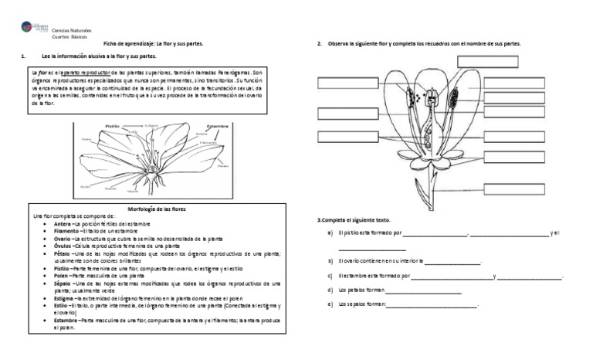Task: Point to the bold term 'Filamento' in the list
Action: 66,231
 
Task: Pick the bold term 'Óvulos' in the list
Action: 63,246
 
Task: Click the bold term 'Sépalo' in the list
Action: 63,284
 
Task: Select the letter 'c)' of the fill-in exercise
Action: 330,276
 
